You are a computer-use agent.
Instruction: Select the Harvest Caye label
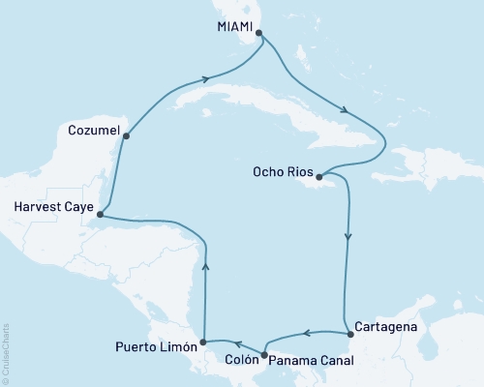(x=53, y=205)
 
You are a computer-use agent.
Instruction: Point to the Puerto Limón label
(x=155, y=345)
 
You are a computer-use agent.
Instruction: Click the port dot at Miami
(x=258, y=33)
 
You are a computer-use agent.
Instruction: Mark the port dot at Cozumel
(x=126, y=136)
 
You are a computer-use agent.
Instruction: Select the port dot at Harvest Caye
(x=102, y=216)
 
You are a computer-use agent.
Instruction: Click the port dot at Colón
(x=264, y=353)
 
